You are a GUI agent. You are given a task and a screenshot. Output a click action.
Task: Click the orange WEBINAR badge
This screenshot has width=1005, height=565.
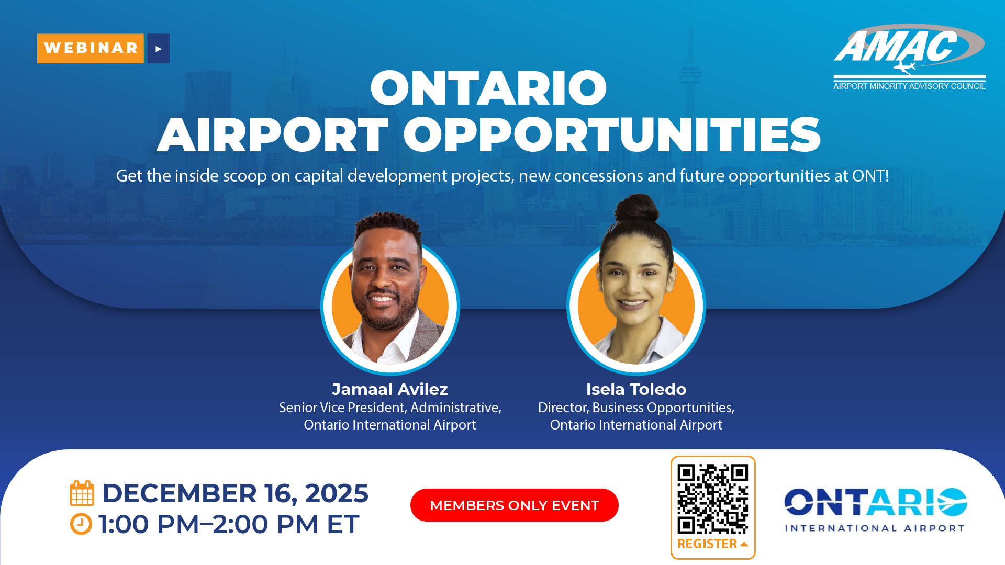(91, 48)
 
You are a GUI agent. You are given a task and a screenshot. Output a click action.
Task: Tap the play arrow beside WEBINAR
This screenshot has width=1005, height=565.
(159, 49)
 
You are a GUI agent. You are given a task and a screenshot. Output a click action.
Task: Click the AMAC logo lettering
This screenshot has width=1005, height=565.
(896, 46)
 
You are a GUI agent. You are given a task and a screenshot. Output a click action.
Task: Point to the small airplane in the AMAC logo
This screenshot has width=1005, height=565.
(904, 67)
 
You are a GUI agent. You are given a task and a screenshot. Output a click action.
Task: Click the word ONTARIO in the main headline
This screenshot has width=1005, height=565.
(488, 88)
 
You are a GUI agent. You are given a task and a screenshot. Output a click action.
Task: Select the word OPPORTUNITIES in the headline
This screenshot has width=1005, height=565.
(612, 135)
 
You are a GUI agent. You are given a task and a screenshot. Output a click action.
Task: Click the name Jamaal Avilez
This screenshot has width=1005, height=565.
(390, 389)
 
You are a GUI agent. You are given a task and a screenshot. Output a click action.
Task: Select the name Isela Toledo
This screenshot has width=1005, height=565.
(636, 389)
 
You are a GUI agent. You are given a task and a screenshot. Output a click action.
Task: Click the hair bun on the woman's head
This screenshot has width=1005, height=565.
(636, 208)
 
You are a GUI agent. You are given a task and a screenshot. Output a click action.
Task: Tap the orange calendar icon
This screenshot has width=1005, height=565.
(82, 493)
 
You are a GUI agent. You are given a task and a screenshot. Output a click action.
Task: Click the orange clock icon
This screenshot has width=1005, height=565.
(81, 524)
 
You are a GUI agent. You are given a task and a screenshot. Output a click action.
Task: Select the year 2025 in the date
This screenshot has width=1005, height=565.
(337, 493)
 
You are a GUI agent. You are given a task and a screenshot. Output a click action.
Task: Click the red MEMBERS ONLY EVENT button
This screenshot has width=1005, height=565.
(515, 505)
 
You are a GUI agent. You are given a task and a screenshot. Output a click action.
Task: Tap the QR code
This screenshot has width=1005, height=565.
(713, 499)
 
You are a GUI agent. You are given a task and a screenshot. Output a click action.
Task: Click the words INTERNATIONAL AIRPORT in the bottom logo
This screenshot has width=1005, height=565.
(875, 528)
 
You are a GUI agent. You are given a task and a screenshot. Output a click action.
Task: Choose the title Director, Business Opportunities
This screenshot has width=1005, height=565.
(636, 408)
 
